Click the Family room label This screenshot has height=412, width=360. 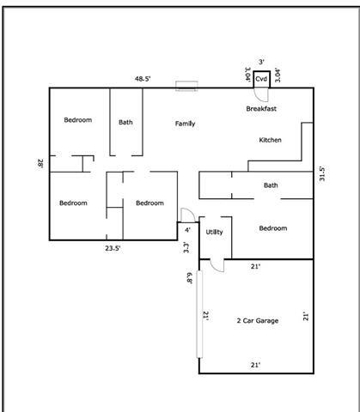tap(185, 124)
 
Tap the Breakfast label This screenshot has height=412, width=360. tap(261, 109)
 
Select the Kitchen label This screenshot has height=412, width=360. tap(270, 140)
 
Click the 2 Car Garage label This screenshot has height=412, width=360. tap(258, 321)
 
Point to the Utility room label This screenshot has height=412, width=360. tap(214, 232)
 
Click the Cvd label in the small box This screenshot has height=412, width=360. tap(261, 79)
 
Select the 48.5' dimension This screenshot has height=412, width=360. tap(143, 79)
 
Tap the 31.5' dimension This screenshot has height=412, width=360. tap(322, 174)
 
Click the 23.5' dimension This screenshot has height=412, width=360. tap(113, 248)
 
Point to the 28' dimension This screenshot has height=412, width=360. tap(40, 164)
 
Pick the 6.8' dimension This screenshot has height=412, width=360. tap(189, 277)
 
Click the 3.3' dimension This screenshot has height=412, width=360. tap(186, 247)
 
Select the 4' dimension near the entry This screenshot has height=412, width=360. tap(187, 230)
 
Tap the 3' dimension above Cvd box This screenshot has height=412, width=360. tap(261, 62)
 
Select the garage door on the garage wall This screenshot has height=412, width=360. tap(199, 314)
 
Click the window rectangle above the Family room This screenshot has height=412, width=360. tap(186, 86)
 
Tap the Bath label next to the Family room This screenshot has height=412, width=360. tap(125, 123)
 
